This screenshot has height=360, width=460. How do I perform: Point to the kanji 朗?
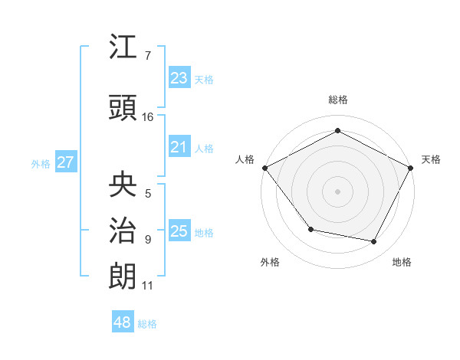[x=123, y=276]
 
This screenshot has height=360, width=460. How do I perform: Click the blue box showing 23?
[x=179, y=78]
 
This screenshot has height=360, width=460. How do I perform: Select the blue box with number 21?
[x=179, y=147]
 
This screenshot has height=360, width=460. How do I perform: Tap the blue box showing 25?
[x=179, y=231]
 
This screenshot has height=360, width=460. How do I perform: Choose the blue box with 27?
[x=65, y=162]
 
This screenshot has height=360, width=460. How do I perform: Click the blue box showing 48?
[x=123, y=322]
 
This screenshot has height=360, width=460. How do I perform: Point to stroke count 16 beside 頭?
[x=148, y=117]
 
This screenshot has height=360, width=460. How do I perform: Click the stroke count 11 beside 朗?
[x=148, y=286]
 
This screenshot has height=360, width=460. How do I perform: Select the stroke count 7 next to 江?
[x=147, y=56]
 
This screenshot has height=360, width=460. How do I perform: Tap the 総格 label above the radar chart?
[x=337, y=100]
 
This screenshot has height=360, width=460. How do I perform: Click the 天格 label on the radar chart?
[x=431, y=159]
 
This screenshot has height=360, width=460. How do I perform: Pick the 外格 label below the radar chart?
[x=270, y=262]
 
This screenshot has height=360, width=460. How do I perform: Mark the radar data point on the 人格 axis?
[x=264, y=168]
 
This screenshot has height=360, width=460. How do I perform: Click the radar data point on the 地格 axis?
[x=374, y=242]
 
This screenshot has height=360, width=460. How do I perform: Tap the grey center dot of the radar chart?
[x=337, y=191]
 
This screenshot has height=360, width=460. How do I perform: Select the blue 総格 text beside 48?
[x=147, y=324]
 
